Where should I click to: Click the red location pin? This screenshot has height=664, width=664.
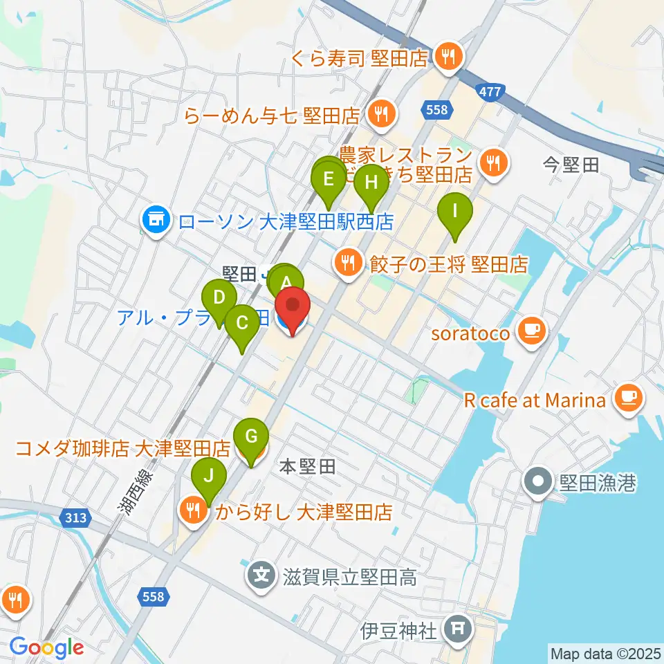293,311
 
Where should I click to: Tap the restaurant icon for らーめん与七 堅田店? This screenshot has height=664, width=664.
380,112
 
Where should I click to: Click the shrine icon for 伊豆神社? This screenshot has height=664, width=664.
457,630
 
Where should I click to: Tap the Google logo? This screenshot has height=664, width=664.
47,647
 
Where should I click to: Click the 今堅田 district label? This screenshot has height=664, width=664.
571,165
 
